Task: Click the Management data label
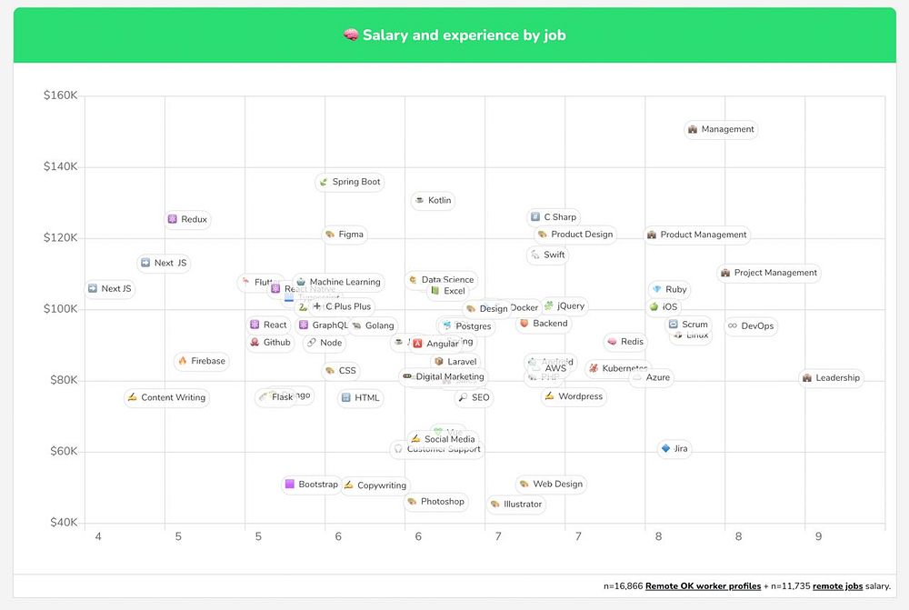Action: click(721, 130)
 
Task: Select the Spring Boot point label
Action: click(350, 183)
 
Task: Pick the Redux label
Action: click(188, 220)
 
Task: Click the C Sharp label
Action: click(554, 217)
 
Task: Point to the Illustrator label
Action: click(516, 505)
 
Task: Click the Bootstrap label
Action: click(312, 485)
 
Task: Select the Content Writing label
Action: click(167, 398)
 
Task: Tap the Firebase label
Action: click(202, 362)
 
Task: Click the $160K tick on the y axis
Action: click(60, 95)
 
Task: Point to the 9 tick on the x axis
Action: click(818, 537)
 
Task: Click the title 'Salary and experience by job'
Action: click(454, 35)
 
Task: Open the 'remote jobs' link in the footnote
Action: click(837, 587)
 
